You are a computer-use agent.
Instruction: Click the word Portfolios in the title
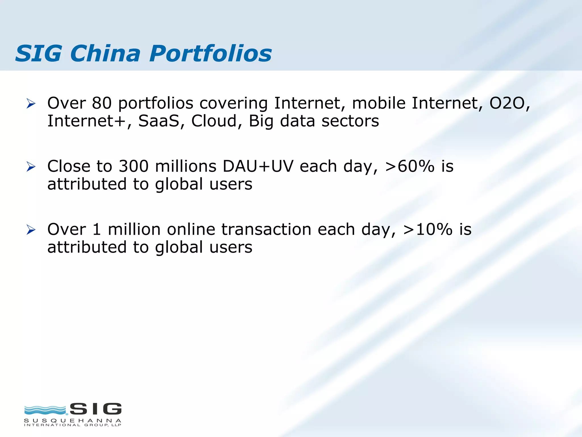coord(210,53)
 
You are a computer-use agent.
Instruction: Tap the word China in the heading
coord(105,53)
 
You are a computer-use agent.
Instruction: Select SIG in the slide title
coord(38,53)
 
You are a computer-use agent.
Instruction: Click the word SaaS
coord(159,121)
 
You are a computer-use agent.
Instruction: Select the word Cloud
coord(214,121)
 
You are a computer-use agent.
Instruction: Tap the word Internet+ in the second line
coord(86,121)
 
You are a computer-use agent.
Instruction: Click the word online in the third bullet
coord(191,229)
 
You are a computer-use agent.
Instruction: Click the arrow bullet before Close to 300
coord(31,167)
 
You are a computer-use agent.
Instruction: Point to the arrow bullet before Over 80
coord(31,104)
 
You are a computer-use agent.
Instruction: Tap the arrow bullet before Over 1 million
coord(31,230)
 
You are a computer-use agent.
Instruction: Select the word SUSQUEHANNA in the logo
coord(73,420)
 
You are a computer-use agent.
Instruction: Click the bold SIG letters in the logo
coord(95,409)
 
